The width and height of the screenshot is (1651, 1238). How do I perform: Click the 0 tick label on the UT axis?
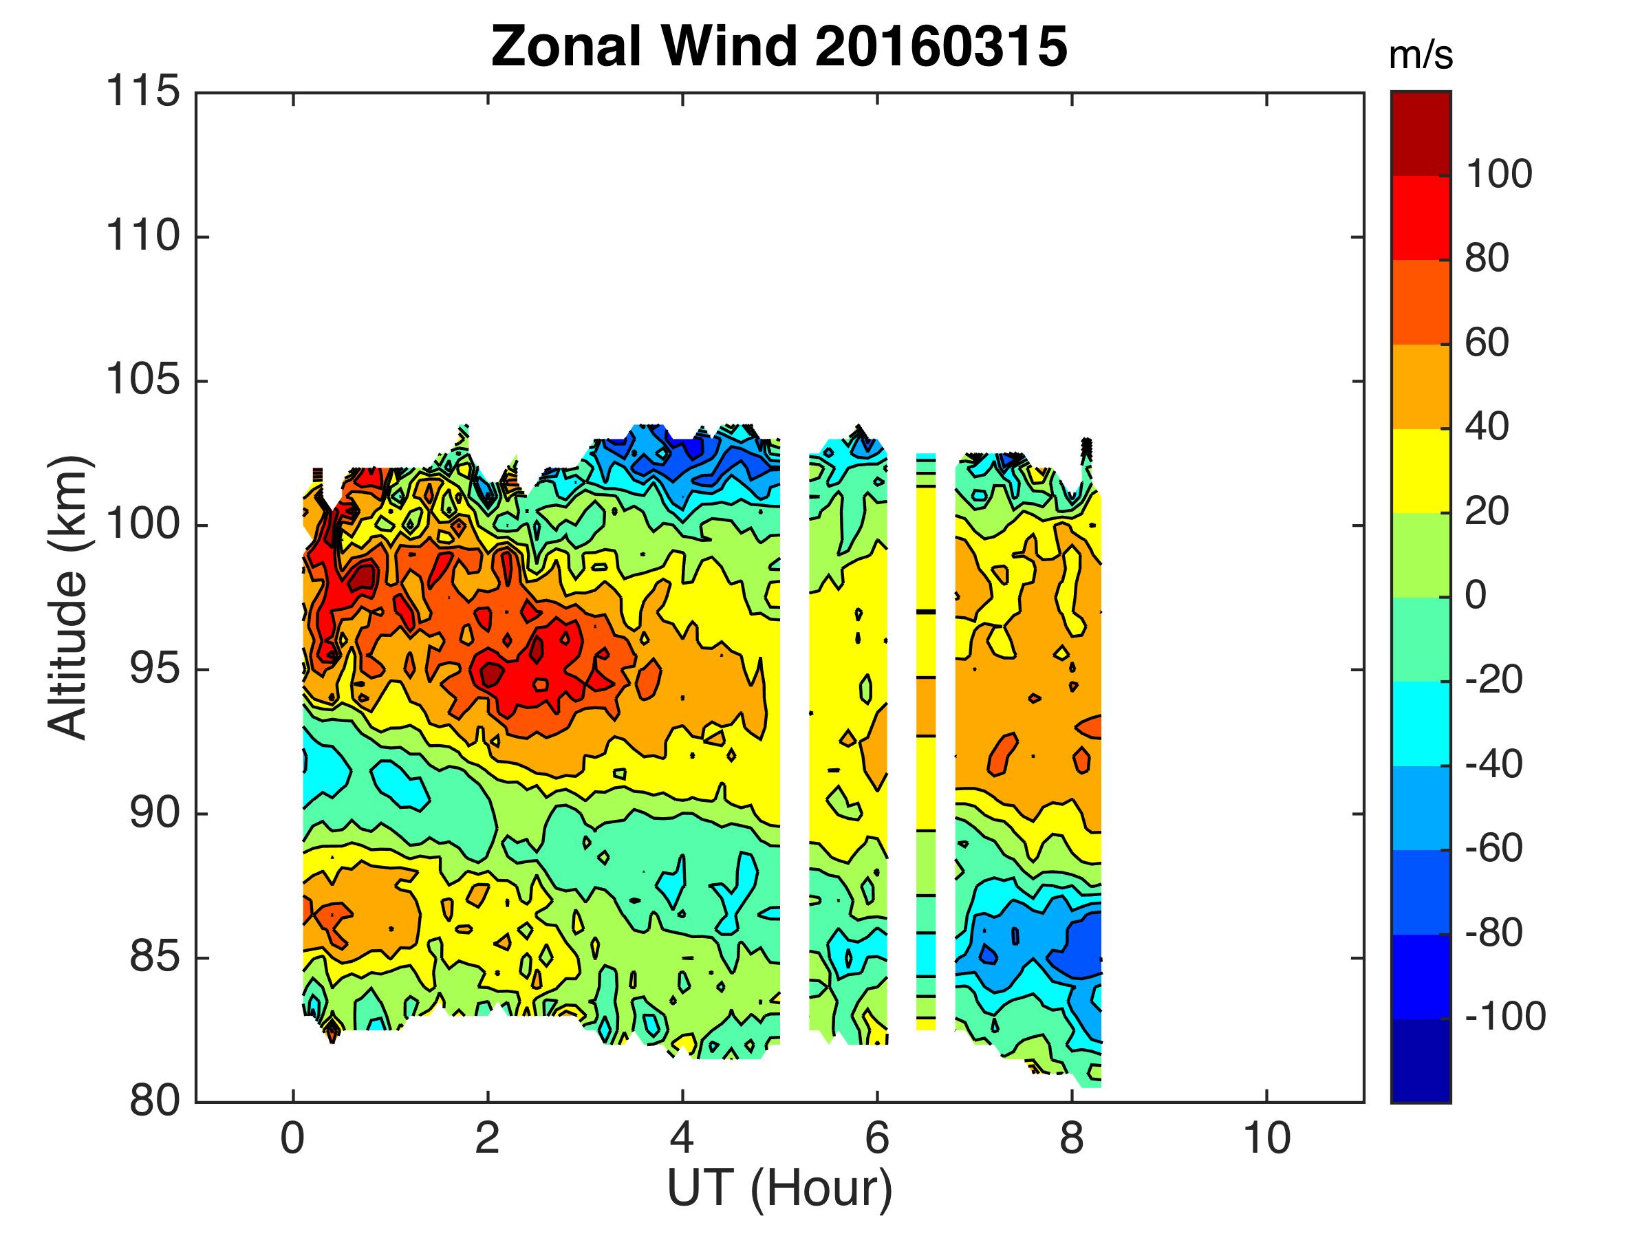tap(292, 1140)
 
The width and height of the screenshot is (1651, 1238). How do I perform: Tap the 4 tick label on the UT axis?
tap(682, 1140)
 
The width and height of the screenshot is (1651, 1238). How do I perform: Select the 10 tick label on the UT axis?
tap(1266, 1140)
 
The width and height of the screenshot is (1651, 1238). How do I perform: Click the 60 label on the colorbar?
tap(1487, 343)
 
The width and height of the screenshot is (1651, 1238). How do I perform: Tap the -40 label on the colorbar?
tap(1493, 765)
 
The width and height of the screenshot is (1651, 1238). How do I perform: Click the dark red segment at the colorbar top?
tap(1421, 133)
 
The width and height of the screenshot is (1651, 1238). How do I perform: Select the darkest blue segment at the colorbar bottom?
tap(1421, 1060)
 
